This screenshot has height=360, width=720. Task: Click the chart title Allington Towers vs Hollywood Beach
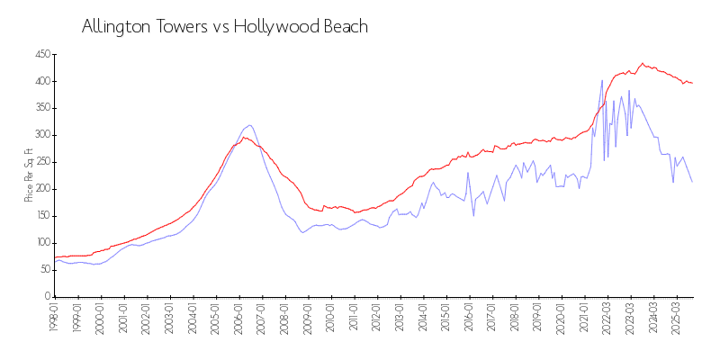coord(225,27)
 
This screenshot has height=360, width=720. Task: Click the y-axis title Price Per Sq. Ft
coord(29,175)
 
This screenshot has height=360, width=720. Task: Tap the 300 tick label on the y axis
coord(41,135)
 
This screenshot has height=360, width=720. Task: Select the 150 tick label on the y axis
coord(41,216)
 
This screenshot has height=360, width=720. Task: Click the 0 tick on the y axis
coord(48,296)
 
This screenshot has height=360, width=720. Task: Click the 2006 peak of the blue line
coord(249,125)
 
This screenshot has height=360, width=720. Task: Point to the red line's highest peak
coord(643,63)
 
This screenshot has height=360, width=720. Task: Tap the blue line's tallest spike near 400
coord(602,80)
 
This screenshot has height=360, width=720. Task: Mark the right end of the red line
coord(692,84)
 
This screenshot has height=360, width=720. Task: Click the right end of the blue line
coord(692,182)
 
